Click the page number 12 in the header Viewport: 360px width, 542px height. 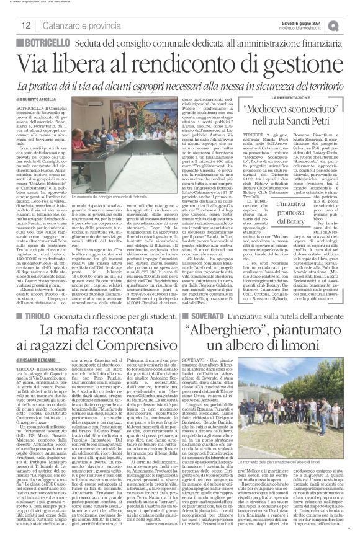(x=25, y=25)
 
